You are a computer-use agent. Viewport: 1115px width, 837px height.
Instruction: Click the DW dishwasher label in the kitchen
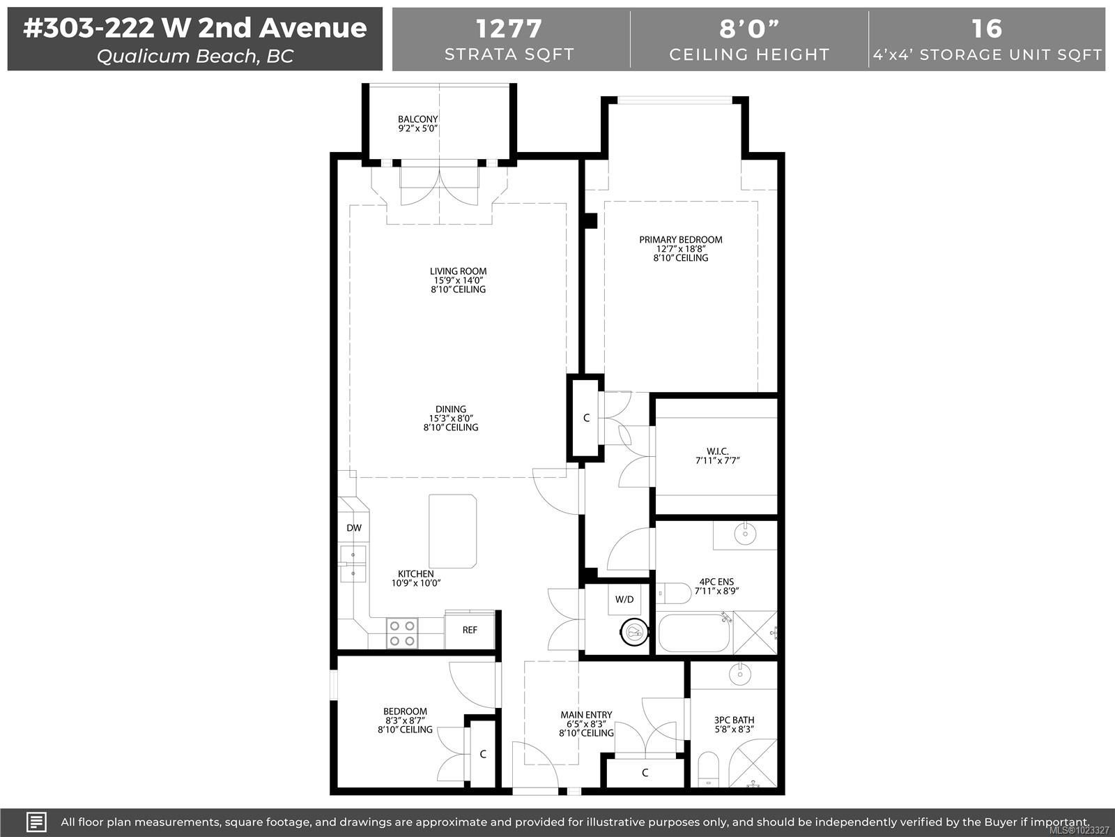click(354, 528)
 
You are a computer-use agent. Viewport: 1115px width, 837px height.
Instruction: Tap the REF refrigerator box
click(470, 630)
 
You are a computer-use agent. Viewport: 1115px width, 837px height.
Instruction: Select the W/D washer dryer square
click(624, 599)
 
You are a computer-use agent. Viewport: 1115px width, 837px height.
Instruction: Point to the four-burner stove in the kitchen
click(402, 633)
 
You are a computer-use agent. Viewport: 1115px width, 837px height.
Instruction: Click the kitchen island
click(452, 531)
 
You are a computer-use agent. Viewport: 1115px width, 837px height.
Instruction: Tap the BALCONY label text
click(417, 119)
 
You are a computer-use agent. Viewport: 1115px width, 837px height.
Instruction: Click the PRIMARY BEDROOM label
click(681, 239)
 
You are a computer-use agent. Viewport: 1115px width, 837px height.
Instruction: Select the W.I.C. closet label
click(717, 451)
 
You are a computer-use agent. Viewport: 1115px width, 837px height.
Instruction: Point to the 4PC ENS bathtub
click(694, 633)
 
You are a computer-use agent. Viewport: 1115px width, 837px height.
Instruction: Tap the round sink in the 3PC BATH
click(739, 674)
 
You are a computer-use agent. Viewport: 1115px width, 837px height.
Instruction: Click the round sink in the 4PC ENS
click(745, 534)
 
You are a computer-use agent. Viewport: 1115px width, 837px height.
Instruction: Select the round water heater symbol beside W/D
click(634, 632)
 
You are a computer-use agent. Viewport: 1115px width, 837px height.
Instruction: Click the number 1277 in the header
click(509, 29)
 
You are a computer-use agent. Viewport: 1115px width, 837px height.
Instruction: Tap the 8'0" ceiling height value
click(749, 29)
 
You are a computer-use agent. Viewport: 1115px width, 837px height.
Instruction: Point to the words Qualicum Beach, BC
click(195, 56)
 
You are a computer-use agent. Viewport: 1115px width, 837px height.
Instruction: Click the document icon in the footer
click(36, 822)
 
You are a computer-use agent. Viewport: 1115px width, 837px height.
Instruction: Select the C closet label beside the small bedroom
click(483, 754)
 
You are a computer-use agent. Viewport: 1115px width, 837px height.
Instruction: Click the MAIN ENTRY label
click(586, 714)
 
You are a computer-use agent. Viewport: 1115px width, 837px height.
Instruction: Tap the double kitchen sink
click(353, 564)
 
